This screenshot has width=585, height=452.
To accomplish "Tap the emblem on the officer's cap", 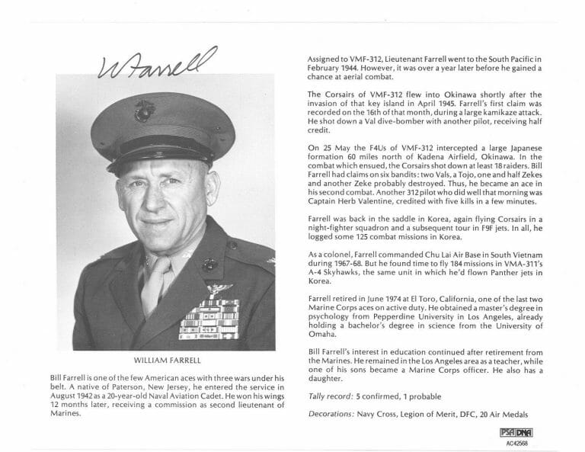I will [144, 111].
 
